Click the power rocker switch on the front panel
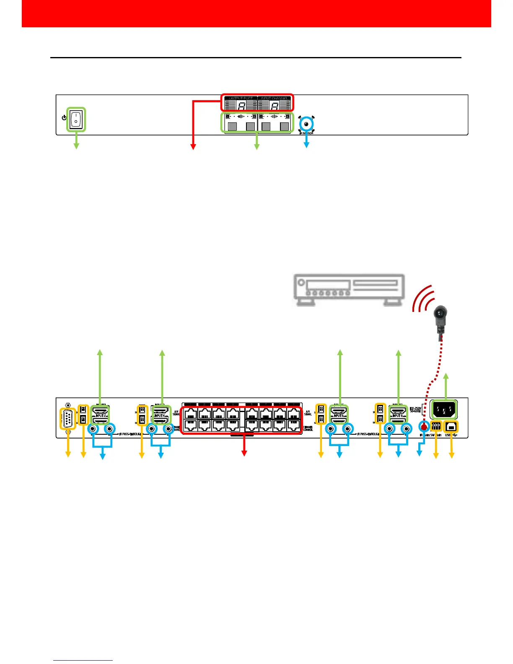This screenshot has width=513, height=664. click(76, 119)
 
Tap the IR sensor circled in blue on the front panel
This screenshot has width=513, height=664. click(307, 124)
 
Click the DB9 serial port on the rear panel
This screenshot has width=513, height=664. click(67, 419)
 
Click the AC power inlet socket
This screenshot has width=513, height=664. click(444, 409)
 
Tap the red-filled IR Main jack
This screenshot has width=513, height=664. click(424, 428)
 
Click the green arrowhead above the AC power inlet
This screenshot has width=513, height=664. click(446, 375)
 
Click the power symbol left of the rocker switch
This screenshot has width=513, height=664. click(64, 118)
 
